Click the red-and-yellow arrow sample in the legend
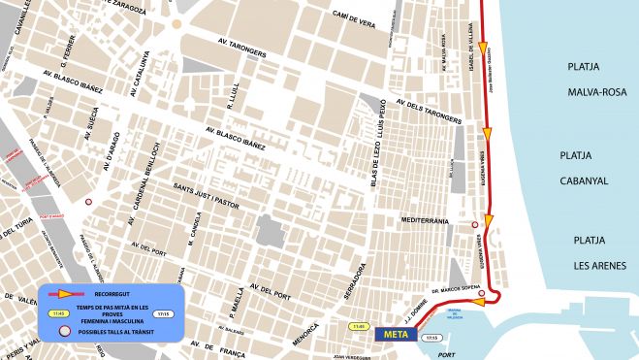[64, 293]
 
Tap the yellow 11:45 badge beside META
[361, 326]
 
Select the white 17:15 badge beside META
[431, 337]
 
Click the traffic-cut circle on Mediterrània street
[474, 225]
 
